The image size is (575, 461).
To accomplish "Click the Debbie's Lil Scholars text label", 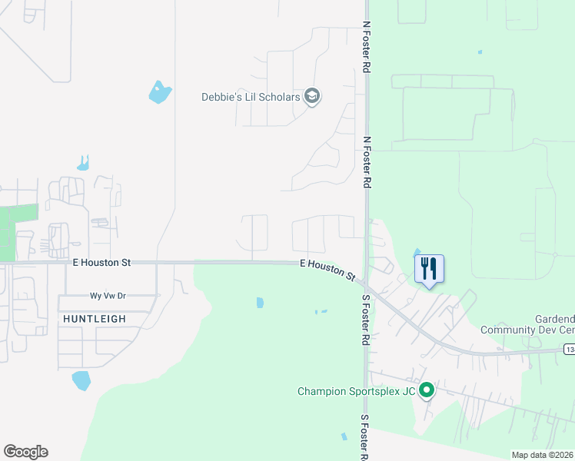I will coord(251,97).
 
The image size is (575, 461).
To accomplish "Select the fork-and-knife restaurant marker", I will coord(429,269).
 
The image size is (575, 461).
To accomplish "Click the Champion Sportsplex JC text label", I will coord(357,392).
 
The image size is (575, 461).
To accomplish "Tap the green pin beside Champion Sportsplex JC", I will coord(427,391).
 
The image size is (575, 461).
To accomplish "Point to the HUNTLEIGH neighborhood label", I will coord(95,318).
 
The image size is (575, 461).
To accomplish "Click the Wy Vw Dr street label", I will coord(108,296).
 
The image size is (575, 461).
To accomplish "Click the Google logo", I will coord(25,452).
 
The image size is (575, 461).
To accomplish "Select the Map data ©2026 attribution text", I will coord(542,455).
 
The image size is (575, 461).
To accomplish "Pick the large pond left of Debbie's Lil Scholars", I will coord(160,93).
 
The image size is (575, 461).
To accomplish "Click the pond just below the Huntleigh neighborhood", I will coord(81,380).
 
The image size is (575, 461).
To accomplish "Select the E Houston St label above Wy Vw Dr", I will coord(101,263).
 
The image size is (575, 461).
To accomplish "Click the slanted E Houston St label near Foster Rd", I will coord(327,269).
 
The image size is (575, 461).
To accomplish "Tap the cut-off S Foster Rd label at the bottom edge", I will coord(365,437).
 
